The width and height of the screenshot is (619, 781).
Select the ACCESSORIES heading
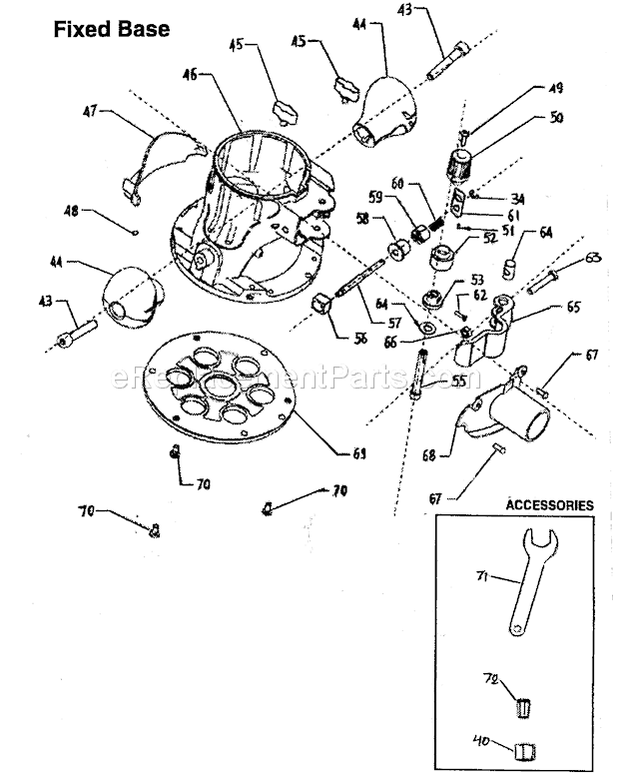point(550,505)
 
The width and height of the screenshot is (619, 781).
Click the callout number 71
point(480,576)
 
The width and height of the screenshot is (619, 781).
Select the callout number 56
point(359,339)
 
